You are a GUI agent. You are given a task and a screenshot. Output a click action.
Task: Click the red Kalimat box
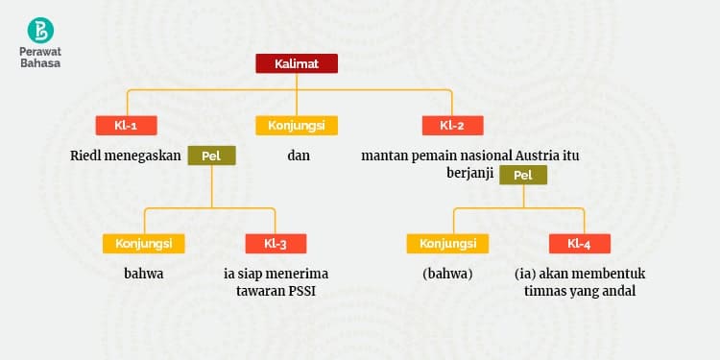pyautogui.click(x=296, y=64)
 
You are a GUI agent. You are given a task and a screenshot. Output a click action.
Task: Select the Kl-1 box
pyautogui.click(x=126, y=126)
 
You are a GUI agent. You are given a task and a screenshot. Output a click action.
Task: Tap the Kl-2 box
pyautogui.click(x=452, y=126)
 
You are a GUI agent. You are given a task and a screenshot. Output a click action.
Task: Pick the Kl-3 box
pyautogui.click(x=276, y=244)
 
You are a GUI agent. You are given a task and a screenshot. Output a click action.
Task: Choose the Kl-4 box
pyautogui.click(x=579, y=244)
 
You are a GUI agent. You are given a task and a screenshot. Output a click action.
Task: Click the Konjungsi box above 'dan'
pyautogui.click(x=296, y=126)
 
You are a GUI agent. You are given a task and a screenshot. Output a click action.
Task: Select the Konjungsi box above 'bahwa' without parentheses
pyautogui.click(x=143, y=244)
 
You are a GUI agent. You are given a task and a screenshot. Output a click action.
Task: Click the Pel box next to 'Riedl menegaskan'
pyautogui.click(x=211, y=156)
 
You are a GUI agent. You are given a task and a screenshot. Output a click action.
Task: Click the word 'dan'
pyautogui.click(x=299, y=155)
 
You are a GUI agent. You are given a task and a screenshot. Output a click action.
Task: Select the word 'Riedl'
pyautogui.click(x=86, y=155)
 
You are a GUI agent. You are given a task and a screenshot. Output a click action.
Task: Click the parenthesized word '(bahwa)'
pyautogui.click(x=447, y=274)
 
